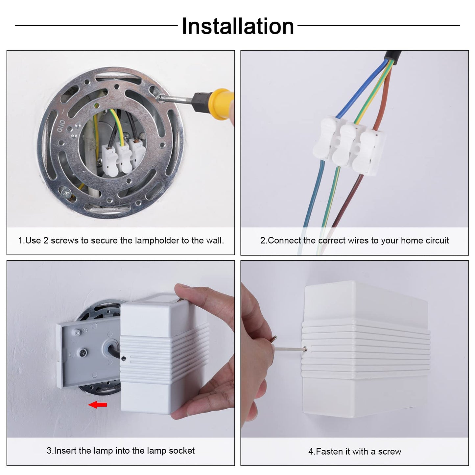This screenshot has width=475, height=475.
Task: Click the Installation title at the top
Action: [x=238, y=26]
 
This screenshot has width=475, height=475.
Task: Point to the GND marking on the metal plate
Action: [x=61, y=126]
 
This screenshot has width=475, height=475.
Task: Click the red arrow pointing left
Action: [x=98, y=405]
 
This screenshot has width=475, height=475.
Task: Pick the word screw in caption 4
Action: [x=390, y=452]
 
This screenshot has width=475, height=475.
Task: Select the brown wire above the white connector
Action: [x=384, y=99]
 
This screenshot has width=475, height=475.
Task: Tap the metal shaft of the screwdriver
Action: [x=176, y=99]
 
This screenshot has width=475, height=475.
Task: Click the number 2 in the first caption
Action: [x=46, y=240]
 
